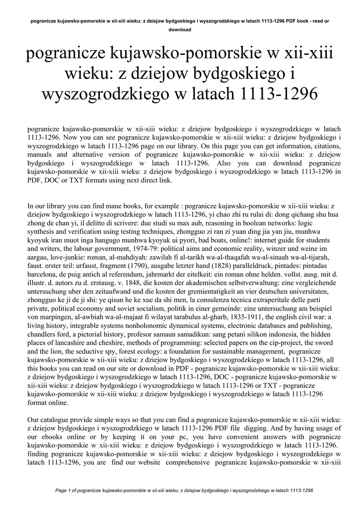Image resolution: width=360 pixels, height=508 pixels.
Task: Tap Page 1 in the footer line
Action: click(66, 490)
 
